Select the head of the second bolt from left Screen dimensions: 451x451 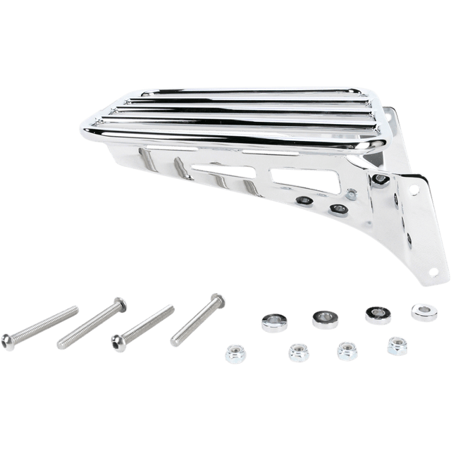click(121, 304)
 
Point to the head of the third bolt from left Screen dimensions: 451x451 click(117, 340)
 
